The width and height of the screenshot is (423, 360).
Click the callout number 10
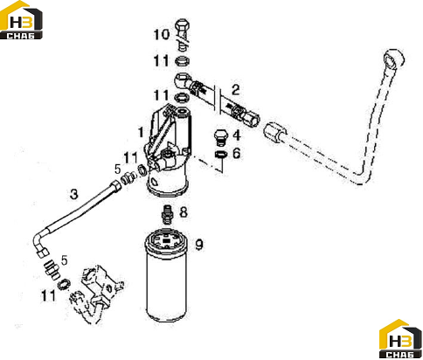coord(162,35)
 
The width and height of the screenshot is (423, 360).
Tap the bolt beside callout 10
coord(183,33)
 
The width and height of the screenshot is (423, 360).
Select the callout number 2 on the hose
coord(235,90)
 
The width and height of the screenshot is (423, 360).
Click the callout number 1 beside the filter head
coord(141,132)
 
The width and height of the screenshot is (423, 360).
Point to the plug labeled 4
coord(220,137)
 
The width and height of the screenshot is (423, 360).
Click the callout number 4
coord(237,135)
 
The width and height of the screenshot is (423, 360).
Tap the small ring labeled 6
coord(221,155)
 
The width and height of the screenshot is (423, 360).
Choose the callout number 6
coord(237,153)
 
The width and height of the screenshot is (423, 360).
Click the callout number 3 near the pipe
coord(74,194)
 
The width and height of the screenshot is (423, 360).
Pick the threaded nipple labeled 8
coord(167,215)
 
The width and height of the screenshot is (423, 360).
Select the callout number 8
coord(184,212)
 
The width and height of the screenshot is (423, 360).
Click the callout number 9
coord(199,245)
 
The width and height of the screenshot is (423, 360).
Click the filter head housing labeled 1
coord(169,151)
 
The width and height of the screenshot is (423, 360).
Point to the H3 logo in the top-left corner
coord(21,20)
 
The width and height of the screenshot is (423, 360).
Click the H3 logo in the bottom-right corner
coord(401,339)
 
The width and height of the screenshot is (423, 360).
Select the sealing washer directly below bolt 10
coord(183,61)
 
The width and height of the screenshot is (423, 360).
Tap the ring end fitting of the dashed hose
coord(394,59)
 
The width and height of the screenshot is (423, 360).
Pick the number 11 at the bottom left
coord(48,296)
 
